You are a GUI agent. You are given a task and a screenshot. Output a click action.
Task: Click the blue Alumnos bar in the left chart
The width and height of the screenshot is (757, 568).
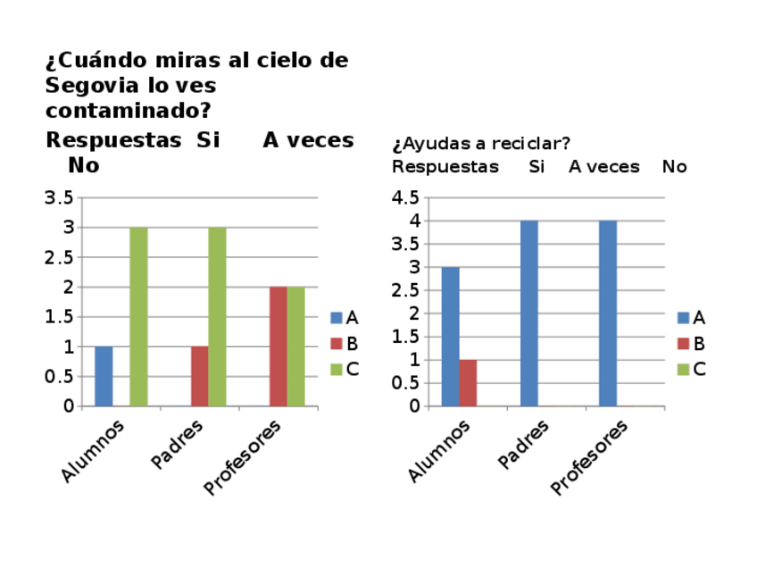point(104,376)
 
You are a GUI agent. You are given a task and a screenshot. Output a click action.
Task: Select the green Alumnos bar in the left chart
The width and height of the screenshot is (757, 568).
point(138,316)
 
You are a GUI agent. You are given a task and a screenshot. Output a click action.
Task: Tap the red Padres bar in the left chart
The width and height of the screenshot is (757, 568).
point(199,376)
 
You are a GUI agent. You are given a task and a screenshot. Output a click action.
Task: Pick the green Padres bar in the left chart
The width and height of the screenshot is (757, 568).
point(217,316)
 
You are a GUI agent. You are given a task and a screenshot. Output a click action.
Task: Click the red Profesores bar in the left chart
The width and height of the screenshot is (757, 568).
point(278,347)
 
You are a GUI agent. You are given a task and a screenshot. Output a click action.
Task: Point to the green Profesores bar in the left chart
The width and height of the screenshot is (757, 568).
point(295,347)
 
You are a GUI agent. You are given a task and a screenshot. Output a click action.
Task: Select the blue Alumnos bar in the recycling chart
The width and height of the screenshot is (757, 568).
point(451,337)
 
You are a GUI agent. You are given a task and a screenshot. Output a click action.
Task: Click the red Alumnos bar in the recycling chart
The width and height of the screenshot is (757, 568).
point(468,383)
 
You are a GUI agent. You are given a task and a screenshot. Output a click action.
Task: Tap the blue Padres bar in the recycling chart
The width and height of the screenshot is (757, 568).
point(529,313)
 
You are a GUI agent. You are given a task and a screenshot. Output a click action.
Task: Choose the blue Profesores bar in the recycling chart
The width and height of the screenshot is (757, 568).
point(608,313)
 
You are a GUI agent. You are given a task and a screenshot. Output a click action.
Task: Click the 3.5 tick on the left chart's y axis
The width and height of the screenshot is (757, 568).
point(59,197)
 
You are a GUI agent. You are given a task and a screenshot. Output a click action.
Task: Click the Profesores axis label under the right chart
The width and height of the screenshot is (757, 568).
point(590,456)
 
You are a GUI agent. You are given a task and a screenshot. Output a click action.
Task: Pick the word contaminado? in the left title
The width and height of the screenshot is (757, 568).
point(129,112)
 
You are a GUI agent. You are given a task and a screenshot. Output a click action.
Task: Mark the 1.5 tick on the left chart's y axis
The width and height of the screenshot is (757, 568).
point(59,317)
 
